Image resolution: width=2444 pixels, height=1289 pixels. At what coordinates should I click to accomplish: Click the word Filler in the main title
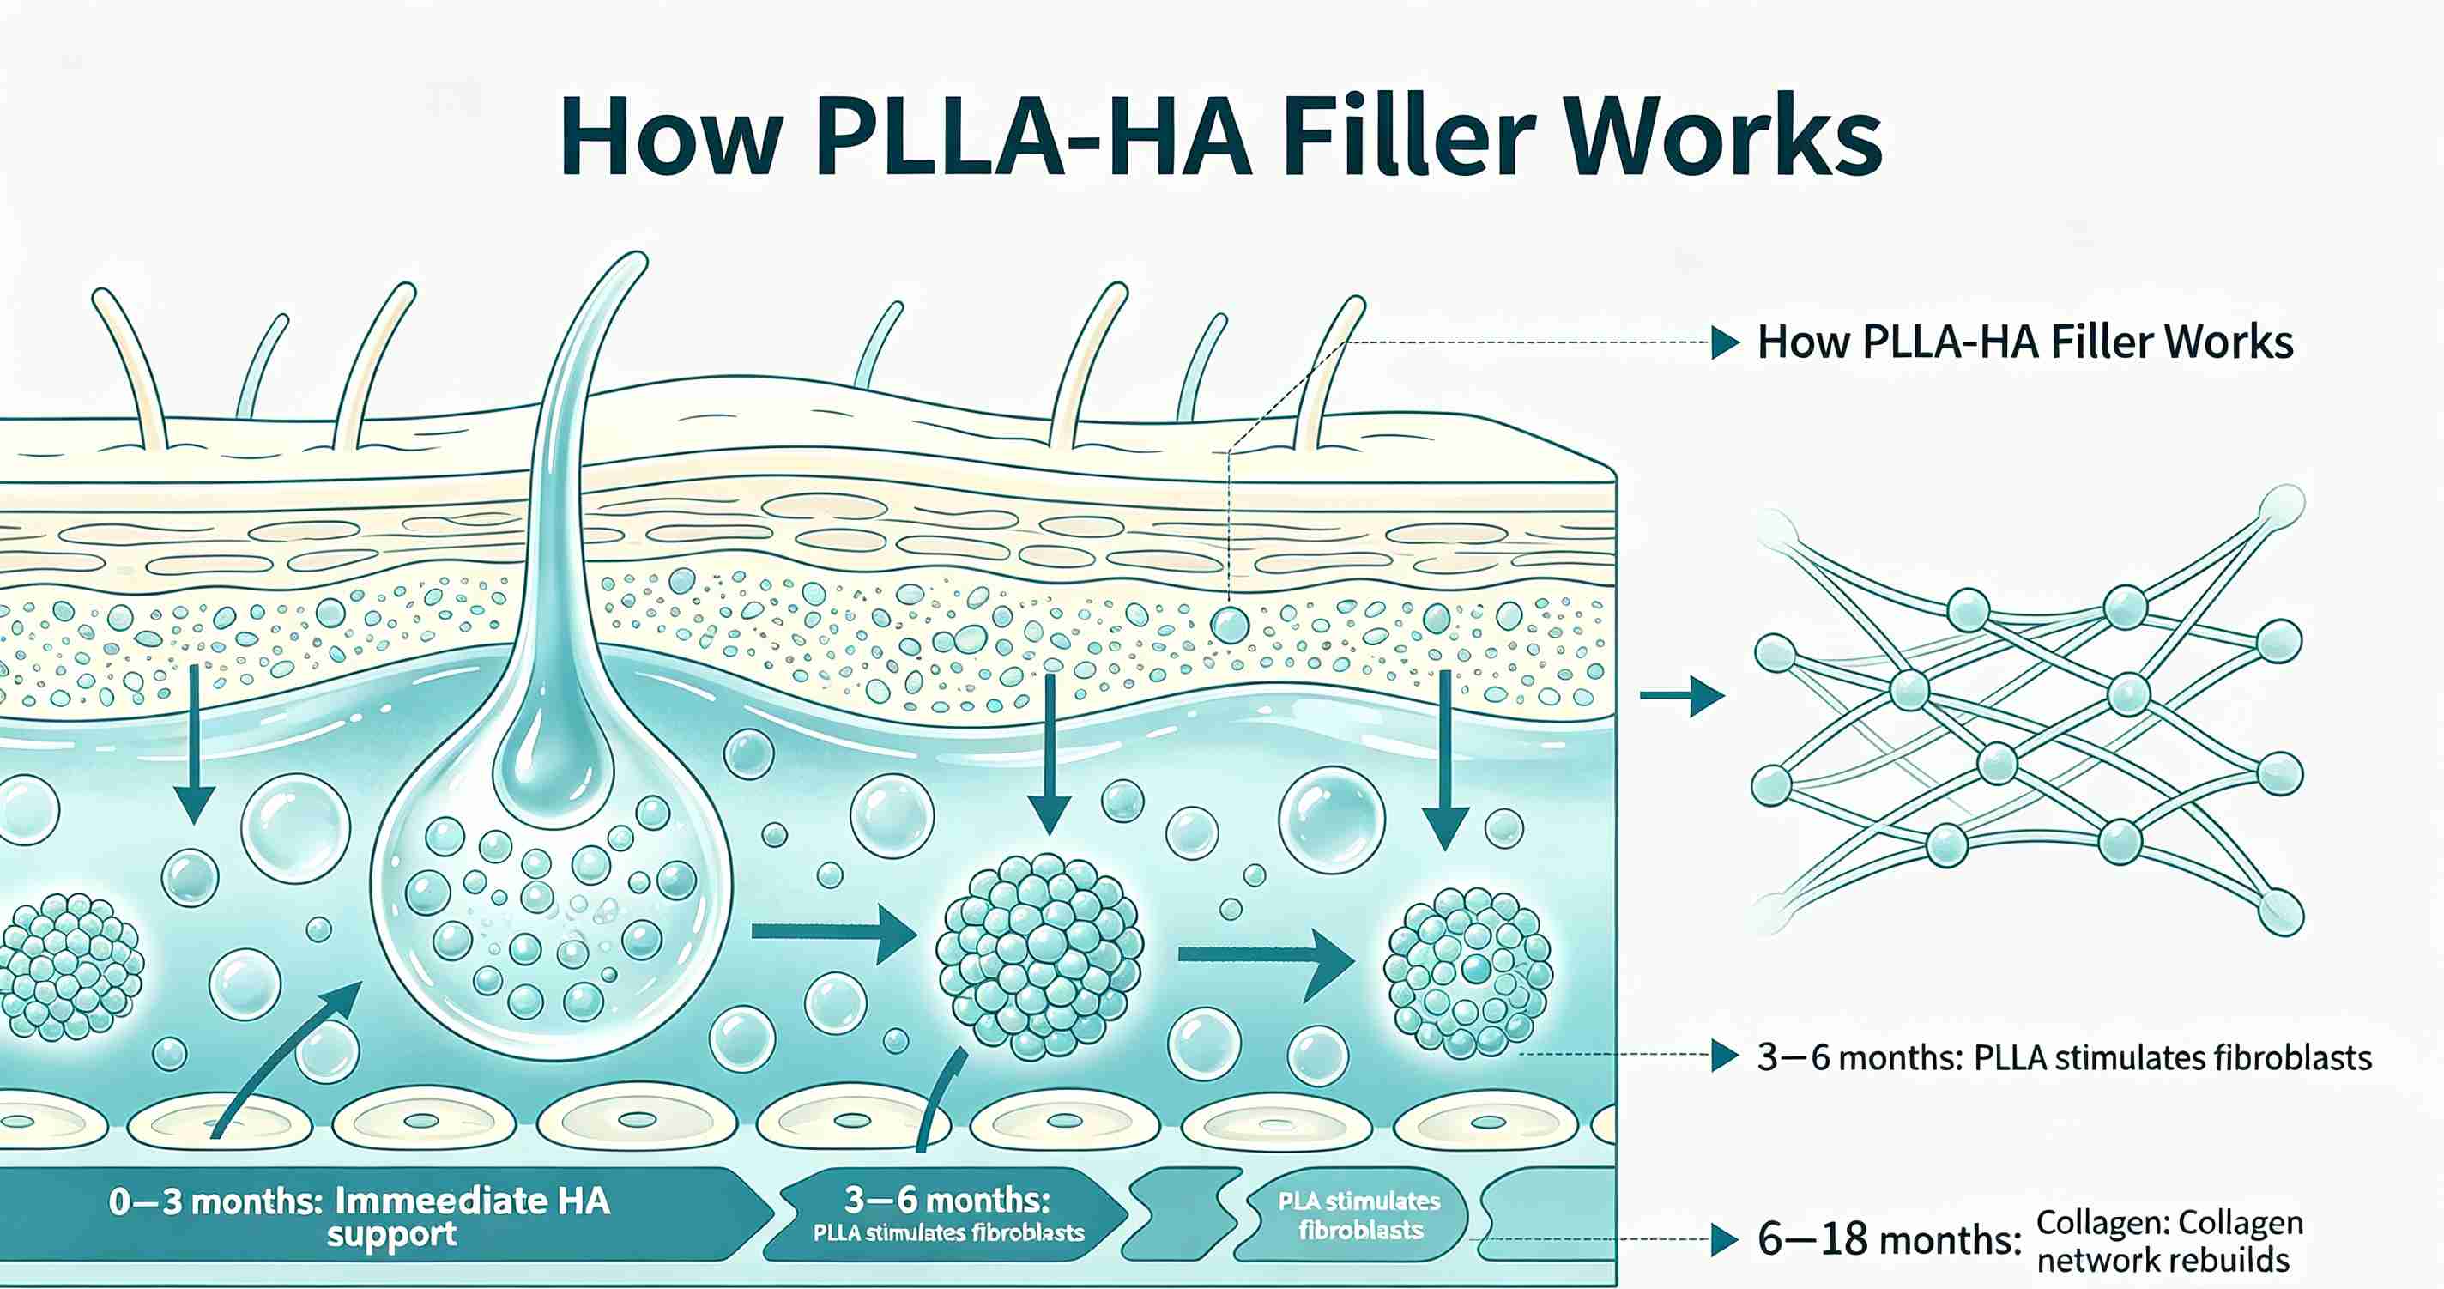pyautogui.click(x=1405, y=138)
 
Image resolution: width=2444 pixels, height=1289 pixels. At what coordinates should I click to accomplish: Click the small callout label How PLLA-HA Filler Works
pyautogui.click(x=2024, y=342)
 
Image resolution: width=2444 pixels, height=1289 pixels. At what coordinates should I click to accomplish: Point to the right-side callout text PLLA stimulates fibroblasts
pyautogui.click(x=2173, y=1056)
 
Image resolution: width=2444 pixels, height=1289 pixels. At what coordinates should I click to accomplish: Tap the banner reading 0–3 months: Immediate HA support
pyautogui.click(x=379, y=1215)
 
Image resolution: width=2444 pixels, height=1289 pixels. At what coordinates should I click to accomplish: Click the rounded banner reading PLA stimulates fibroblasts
pyautogui.click(x=1358, y=1215)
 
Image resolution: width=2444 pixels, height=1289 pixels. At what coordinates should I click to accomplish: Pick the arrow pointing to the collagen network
pyautogui.click(x=1682, y=696)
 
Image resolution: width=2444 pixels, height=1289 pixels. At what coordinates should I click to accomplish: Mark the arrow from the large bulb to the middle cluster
pyautogui.click(x=834, y=934)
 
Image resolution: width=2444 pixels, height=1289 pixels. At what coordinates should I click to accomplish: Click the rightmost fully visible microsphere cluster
pyautogui.click(x=1467, y=971)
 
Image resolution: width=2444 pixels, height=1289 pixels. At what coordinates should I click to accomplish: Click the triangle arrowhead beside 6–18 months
pyautogui.click(x=1726, y=1238)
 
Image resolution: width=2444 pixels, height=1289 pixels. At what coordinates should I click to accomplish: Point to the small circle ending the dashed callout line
pyautogui.click(x=1230, y=624)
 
